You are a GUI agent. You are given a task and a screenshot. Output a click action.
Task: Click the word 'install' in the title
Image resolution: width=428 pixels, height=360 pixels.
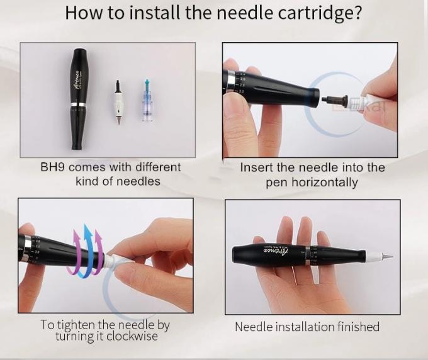coord(154,12)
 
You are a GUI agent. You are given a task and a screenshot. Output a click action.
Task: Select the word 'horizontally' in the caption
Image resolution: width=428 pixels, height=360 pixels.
coord(325,183)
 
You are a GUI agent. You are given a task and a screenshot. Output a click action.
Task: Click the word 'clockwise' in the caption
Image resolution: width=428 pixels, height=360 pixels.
coord(132,336)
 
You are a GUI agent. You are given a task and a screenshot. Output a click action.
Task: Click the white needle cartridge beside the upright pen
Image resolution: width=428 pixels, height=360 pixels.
coord(118,102)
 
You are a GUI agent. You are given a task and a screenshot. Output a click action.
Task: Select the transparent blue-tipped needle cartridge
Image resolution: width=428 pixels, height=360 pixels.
coord(147,100)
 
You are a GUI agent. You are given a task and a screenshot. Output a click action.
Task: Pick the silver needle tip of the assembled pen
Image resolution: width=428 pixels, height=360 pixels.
coord(387,257)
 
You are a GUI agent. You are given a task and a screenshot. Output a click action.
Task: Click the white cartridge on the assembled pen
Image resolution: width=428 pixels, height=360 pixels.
coord(373,256)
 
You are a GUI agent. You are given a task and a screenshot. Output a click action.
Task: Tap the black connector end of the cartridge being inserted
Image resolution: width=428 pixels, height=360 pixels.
coord(334,100)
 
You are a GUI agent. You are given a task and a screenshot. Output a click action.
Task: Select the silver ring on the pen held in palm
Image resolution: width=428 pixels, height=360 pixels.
coord(308,256)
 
